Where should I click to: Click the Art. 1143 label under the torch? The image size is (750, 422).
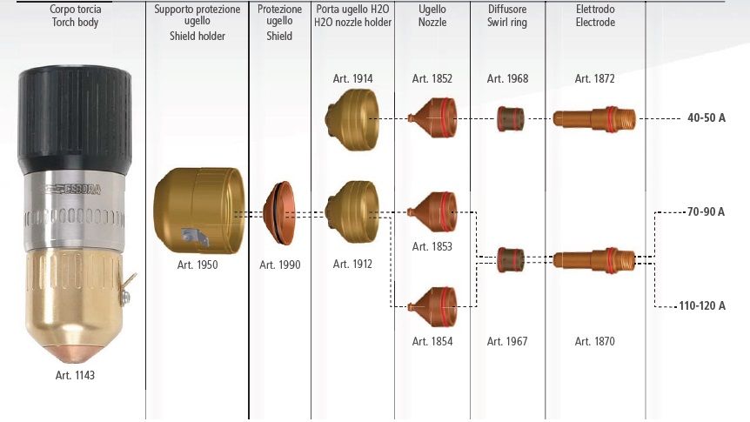[75, 375]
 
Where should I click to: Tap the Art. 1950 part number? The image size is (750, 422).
[198, 265]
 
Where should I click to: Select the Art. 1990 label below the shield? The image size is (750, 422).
[280, 265]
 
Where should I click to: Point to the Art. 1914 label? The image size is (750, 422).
[352, 78]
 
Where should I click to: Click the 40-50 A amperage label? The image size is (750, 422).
[706, 117]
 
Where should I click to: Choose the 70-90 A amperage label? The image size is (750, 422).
[706, 211]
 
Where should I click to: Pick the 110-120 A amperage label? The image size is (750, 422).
[702, 305]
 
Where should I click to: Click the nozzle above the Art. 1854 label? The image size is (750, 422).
[432, 306]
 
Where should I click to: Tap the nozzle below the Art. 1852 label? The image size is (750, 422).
[432, 117]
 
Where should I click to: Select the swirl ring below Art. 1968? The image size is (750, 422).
[511, 119]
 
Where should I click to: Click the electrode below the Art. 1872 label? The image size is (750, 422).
[594, 119]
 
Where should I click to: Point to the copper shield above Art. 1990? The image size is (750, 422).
[279, 213]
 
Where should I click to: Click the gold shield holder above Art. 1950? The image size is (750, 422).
[199, 211]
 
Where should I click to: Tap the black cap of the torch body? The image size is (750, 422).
[75, 119]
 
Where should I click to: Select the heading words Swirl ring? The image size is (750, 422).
[507, 23]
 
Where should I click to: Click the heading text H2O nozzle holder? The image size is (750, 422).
[352, 23]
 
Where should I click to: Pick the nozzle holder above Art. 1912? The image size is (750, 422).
[352, 212]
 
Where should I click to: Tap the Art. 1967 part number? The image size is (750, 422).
[507, 341]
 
